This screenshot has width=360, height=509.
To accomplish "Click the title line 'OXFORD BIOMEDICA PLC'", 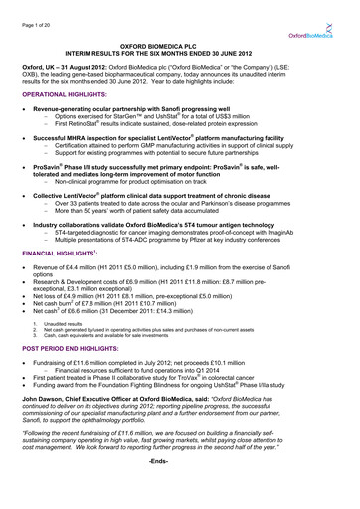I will pos(180,46).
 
